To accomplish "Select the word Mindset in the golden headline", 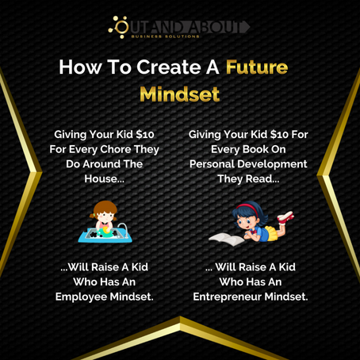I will [x=179, y=94].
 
